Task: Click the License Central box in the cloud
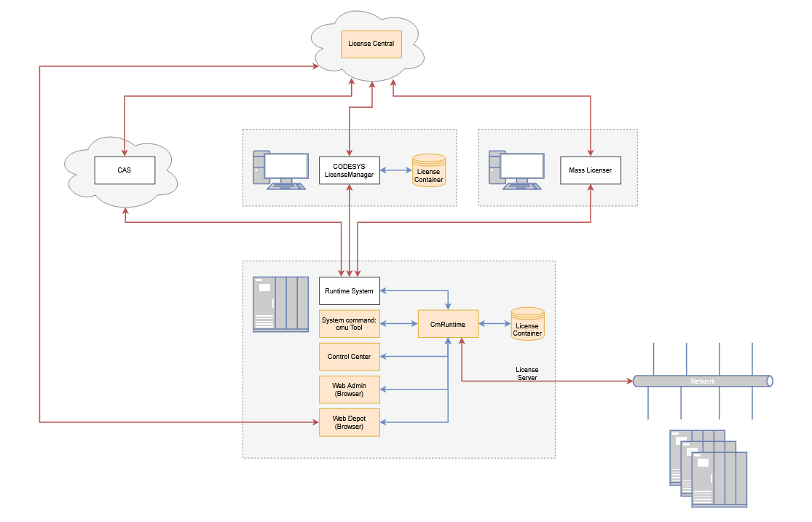[371, 44]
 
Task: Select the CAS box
[125, 170]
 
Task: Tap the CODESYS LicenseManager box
[349, 170]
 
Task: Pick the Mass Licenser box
[590, 170]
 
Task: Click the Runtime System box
[349, 291]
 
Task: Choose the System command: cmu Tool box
[349, 324]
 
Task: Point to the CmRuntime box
[448, 324]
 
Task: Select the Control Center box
[349, 357]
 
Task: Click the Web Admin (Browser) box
[349, 389]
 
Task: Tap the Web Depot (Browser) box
[349, 422]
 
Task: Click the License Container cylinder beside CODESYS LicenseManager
[428, 171]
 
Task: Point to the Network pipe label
[703, 381]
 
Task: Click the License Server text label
[527, 373]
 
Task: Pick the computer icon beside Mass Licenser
[516, 170]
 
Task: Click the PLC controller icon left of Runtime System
[280, 304]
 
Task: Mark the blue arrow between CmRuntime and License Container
[494, 324]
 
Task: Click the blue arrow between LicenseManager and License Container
[396, 170]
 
